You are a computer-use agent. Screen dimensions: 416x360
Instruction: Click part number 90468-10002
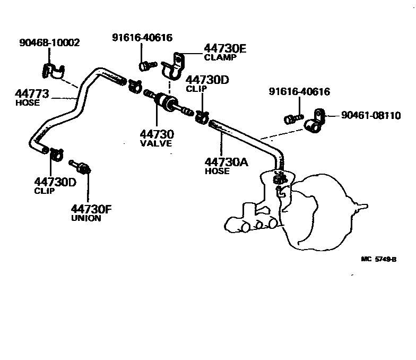point(49,42)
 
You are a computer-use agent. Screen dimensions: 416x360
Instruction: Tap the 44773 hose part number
point(32,93)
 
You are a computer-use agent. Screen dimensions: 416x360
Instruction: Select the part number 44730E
point(225,49)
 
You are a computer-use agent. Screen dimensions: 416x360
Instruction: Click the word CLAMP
point(220,57)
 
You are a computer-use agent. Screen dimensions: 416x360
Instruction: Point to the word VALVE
point(156,143)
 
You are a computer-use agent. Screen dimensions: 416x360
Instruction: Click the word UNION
point(86,218)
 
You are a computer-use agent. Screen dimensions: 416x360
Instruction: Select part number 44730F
point(91,209)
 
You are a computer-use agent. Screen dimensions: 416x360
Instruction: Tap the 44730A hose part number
point(226,162)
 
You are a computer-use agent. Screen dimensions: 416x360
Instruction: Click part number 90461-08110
point(371,116)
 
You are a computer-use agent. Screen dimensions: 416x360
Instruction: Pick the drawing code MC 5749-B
point(379,259)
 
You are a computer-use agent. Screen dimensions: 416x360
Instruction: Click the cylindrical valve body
point(167,102)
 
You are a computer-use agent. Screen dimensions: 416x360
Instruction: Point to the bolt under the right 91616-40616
point(293,119)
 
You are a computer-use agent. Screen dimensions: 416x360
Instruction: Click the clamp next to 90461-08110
point(315,122)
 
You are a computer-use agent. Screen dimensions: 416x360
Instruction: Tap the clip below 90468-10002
point(53,71)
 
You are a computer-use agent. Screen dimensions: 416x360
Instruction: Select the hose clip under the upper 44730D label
point(203,117)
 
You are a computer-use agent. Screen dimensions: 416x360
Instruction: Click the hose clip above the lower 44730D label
point(56,154)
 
